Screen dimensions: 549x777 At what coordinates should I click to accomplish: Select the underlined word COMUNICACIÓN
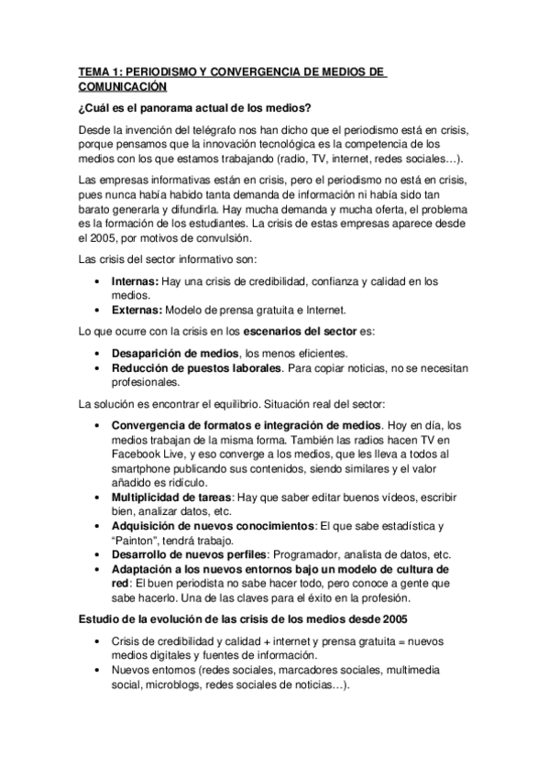(x=123, y=86)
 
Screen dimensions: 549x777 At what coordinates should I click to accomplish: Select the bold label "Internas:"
(x=137, y=281)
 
